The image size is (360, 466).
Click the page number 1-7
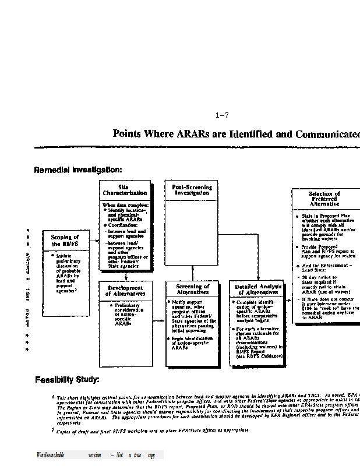pyautogui.click(x=222, y=115)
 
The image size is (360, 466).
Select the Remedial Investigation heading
pyautogui.click(x=78, y=170)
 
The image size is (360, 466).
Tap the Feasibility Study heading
pyautogui.click(x=67, y=380)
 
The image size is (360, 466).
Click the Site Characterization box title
pyautogui.click(x=125, y=190)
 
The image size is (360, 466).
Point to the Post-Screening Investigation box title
pyautogui.click(x=192, y=190)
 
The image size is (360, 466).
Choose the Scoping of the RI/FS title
pyautogui.click(x=65, y=241)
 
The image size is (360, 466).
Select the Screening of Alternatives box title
pyautogui.click(x=192, y=290)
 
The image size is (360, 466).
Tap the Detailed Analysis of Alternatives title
pyautogui.click(x=258, y=290)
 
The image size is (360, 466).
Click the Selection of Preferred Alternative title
pyautogui.click(x=324, y=199)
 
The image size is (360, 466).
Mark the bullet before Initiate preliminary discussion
pyautogui.click(x=52, y=255)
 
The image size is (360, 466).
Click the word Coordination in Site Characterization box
pyautogui.click(x=122, y=225)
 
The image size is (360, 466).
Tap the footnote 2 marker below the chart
pyautogui.click(x=52, y=430)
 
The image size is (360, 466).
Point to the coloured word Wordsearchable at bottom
pyautogui.click(x=50, y=455)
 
